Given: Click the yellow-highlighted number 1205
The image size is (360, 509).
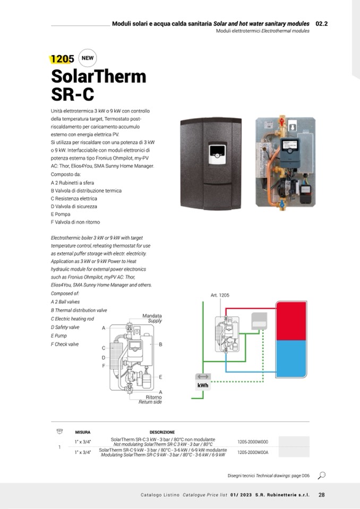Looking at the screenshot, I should point(62,59).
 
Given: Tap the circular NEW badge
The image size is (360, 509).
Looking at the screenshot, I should point(87,58).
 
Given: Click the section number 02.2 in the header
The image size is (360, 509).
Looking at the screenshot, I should point(321,24).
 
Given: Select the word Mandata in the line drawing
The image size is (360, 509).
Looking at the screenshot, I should point(152,316).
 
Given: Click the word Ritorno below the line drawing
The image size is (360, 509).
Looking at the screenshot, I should point(153,397).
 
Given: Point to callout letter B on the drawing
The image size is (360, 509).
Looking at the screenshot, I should point(160,344).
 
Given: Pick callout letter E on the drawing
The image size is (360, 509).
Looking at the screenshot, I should point(160,376).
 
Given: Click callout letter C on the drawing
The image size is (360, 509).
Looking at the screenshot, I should point(104,348).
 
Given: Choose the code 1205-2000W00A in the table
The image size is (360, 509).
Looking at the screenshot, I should point(253,453).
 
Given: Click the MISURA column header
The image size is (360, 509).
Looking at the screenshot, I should point(83,432).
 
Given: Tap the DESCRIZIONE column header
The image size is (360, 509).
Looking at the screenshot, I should point(162,432).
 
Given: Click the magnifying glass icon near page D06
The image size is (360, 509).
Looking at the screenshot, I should point(322,475).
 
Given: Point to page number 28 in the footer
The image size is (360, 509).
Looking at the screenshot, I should point(322,495).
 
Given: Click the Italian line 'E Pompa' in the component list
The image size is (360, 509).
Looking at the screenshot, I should point(61,214).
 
